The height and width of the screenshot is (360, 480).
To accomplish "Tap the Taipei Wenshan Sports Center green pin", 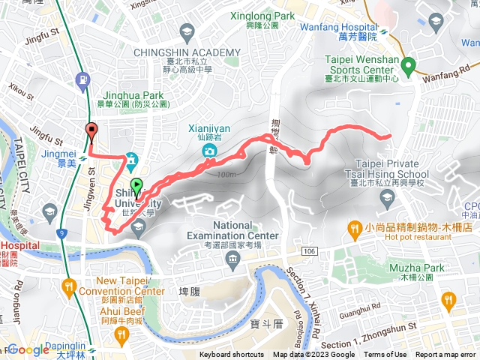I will coord(408,67).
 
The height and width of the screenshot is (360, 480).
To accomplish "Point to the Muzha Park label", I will coord(417,268).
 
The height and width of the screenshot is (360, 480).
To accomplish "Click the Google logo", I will coord(28,349).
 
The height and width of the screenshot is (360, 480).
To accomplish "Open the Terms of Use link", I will coord(385,355).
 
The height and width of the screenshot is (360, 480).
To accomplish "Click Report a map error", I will coord(446,355).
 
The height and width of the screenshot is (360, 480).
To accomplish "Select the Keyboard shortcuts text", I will coord(232,355).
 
